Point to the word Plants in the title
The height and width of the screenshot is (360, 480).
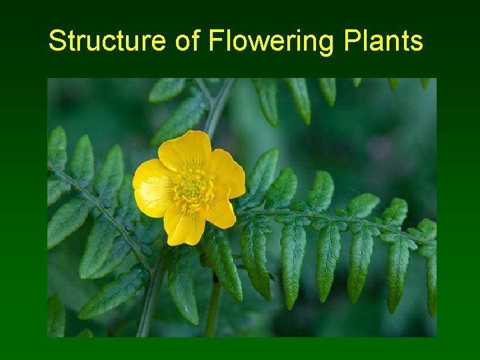click(383, 41)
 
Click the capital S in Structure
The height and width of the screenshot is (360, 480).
click(57, 41)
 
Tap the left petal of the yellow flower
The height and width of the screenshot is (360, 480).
click(153, 187)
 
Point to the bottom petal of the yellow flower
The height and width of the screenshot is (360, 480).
click(183, 225)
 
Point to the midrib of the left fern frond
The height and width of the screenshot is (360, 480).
click(100, 207)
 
